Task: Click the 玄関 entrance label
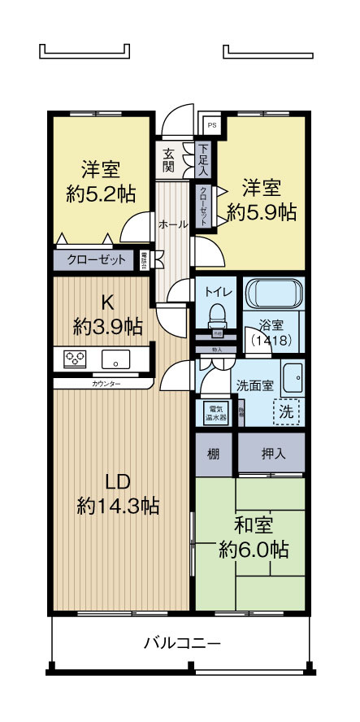coord(168,160)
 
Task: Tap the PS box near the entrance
coord(211,125)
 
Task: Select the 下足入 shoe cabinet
coord(203,160)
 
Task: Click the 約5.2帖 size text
coord(100,195)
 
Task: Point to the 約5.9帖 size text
coord(261,212)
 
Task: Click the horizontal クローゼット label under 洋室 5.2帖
coord(96,260)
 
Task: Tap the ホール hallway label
coord(173,224)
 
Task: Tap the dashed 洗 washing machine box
coord(287,411)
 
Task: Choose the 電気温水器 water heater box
coord(216,412)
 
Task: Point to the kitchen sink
coord(112,358)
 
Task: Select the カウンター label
coord(107,381)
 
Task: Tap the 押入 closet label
coord(271,454)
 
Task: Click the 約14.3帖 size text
coord(118,505)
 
